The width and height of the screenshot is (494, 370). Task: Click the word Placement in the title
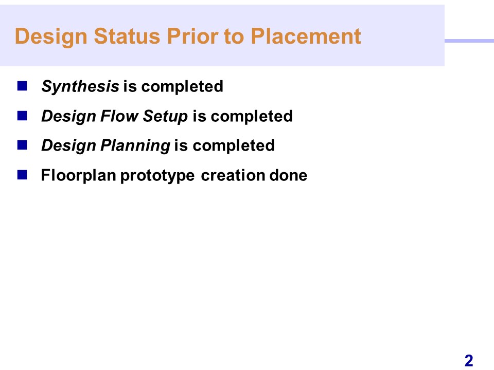tap(306, 36)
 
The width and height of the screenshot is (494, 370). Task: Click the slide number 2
tap(469, 361)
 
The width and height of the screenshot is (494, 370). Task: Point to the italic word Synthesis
tap(80, 86)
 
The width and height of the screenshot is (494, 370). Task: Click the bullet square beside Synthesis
tap(22, 86)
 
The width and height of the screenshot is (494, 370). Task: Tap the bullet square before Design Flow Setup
tap(22, 116)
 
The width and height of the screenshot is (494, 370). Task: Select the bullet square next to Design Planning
tap(22, 145)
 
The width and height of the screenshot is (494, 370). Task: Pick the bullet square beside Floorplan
tap(22, 175)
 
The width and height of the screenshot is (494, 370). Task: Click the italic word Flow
tap(119, 116)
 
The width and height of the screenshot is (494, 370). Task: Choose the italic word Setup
tap(165, 117)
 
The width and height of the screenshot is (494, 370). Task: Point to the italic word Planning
tap(135, 146)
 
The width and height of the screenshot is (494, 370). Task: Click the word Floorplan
tap(78, 176)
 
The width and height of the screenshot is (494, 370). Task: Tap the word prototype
tap(157, 176)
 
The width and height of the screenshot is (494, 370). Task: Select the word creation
tap(233, 175)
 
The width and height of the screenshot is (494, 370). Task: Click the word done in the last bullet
tap(288, 175)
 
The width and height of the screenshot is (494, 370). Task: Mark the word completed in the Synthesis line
tap(182, 86)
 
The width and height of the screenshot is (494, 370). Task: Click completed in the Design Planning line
tap(234, 146)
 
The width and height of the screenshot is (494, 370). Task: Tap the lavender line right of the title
tap(469, 41)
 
